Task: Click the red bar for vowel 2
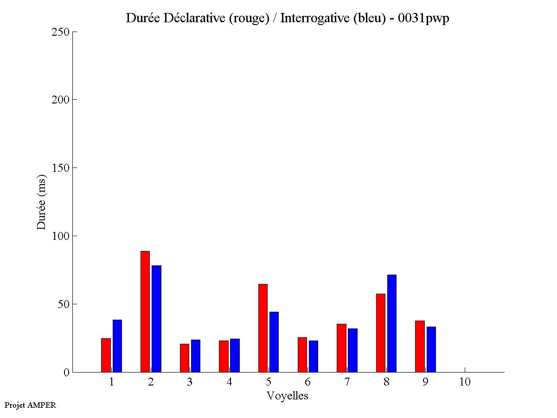click(145, 311)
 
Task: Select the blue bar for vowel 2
click(156, 319)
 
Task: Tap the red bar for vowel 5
click(263, 328)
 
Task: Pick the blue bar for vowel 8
click(392, 323)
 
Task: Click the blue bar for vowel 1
click(117, 346)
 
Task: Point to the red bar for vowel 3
click(185, 358)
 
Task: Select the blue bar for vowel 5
click(274, 342)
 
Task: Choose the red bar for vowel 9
click(420, 346)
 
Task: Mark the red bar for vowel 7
click(341, 348)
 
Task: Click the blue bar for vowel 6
click(314, 356)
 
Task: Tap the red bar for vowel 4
click(224, 356)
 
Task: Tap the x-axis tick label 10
click(465, 382)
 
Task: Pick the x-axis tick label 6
click(307, 382)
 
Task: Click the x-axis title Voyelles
click(288, 396)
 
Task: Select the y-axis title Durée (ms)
click(42, 202)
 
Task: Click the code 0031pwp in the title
click(423, 19)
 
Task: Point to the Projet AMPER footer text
click(30, 405)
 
